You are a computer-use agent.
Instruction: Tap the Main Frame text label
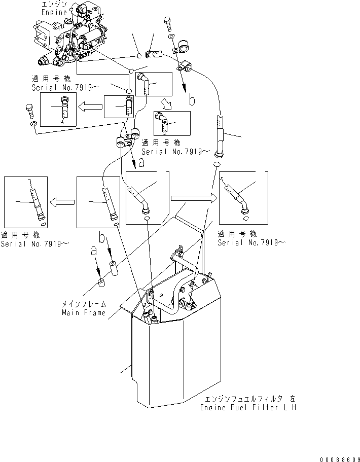(x=84, y=312)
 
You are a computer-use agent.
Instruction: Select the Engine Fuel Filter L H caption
(x=247, y=407)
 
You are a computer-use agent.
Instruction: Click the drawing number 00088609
(x=339, y=458)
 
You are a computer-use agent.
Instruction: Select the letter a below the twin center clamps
(x=140, y=163)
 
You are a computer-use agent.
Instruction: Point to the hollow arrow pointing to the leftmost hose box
(x=61, y=202)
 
